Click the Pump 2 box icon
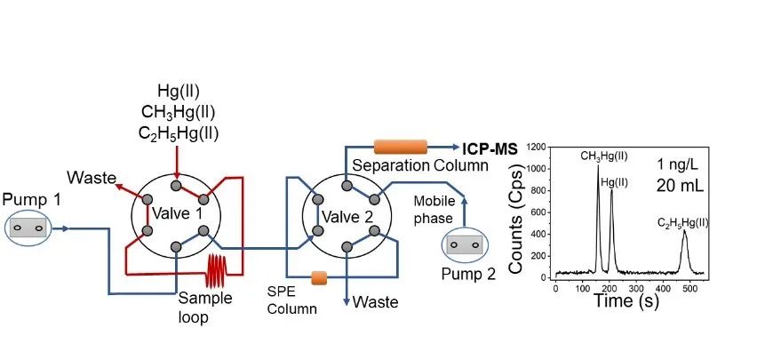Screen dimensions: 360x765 coord(466,244)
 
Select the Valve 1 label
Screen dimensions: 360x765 coord(176,213)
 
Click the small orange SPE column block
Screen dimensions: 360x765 coord(318,278)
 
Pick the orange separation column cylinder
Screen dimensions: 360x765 coord(401,147)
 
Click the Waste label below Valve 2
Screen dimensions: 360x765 coord(375,302)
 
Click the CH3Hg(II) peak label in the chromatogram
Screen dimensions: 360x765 coord(604,156)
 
